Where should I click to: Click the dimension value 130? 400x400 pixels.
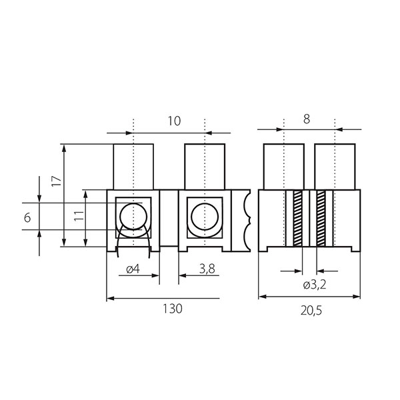click(x=173, y=309)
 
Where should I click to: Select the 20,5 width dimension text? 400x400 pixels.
click(x=311, y=311)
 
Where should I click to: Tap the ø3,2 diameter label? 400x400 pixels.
click(x=315, y=285)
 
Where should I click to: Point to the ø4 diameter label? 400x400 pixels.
click(x=133, y=269)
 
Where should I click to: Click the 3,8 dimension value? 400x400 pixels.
click(x=207, y=269)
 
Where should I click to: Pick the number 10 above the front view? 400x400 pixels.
click(x=174, y=121)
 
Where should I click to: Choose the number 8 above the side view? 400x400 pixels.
click(x=307, y=119)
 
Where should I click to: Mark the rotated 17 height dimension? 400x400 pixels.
click(x=57, y=181)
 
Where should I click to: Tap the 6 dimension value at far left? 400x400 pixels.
click(x=27, y=218)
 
